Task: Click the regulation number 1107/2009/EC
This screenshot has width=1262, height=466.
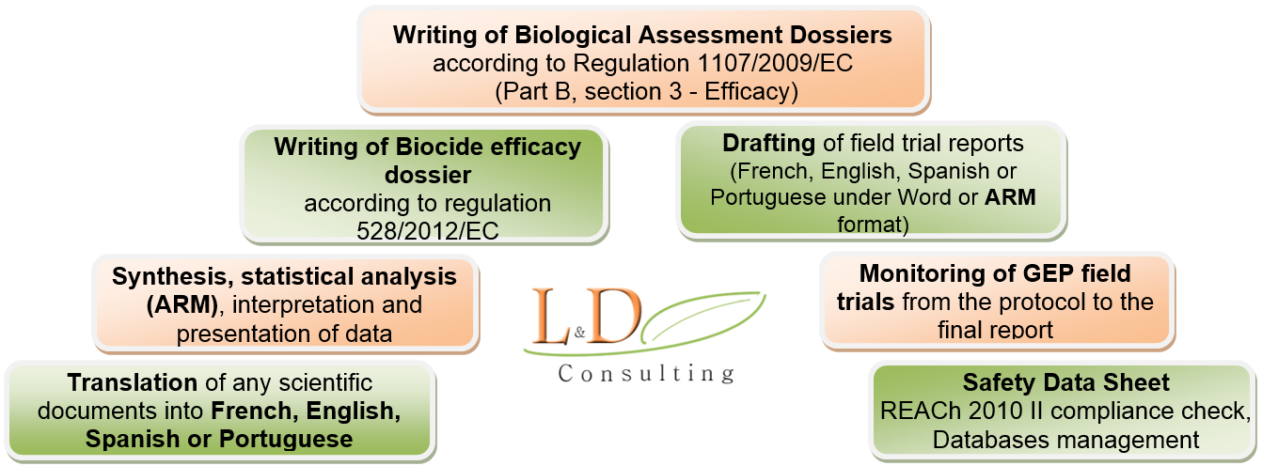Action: (x=775, y=63)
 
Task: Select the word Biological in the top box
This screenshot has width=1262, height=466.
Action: (x=573, y=36)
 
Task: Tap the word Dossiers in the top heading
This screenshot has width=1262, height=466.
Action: (x=841, y=35)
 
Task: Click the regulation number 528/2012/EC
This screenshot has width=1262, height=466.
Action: (x=428, y=231)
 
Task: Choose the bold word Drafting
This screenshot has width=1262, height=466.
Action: (x=768, y=144)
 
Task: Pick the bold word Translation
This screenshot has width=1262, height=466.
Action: (x=132, y=382)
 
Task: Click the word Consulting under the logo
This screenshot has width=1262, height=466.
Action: (x=646, y=374)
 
